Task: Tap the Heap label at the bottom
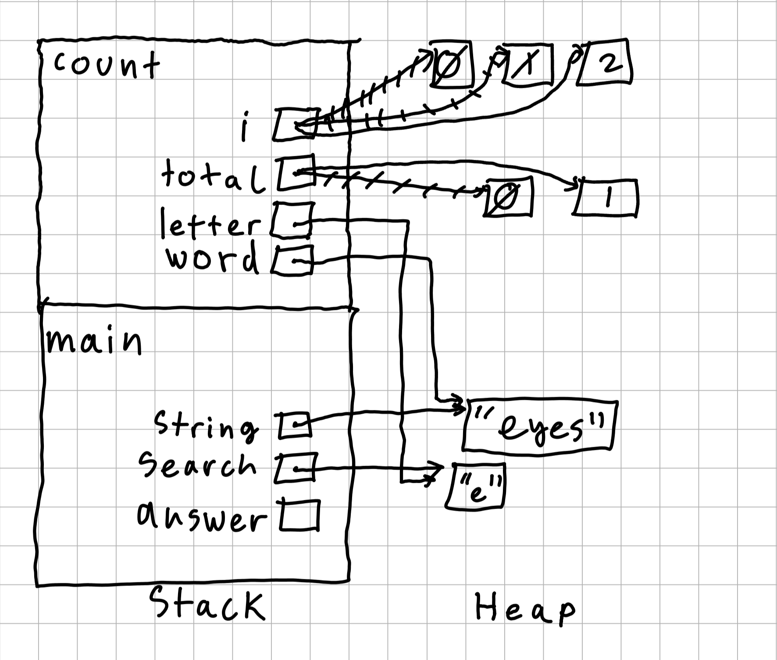tap(524, 608)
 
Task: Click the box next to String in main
tap(294, 425)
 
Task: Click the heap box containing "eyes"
tap(540, 425)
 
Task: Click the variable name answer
tap(201, 518)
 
